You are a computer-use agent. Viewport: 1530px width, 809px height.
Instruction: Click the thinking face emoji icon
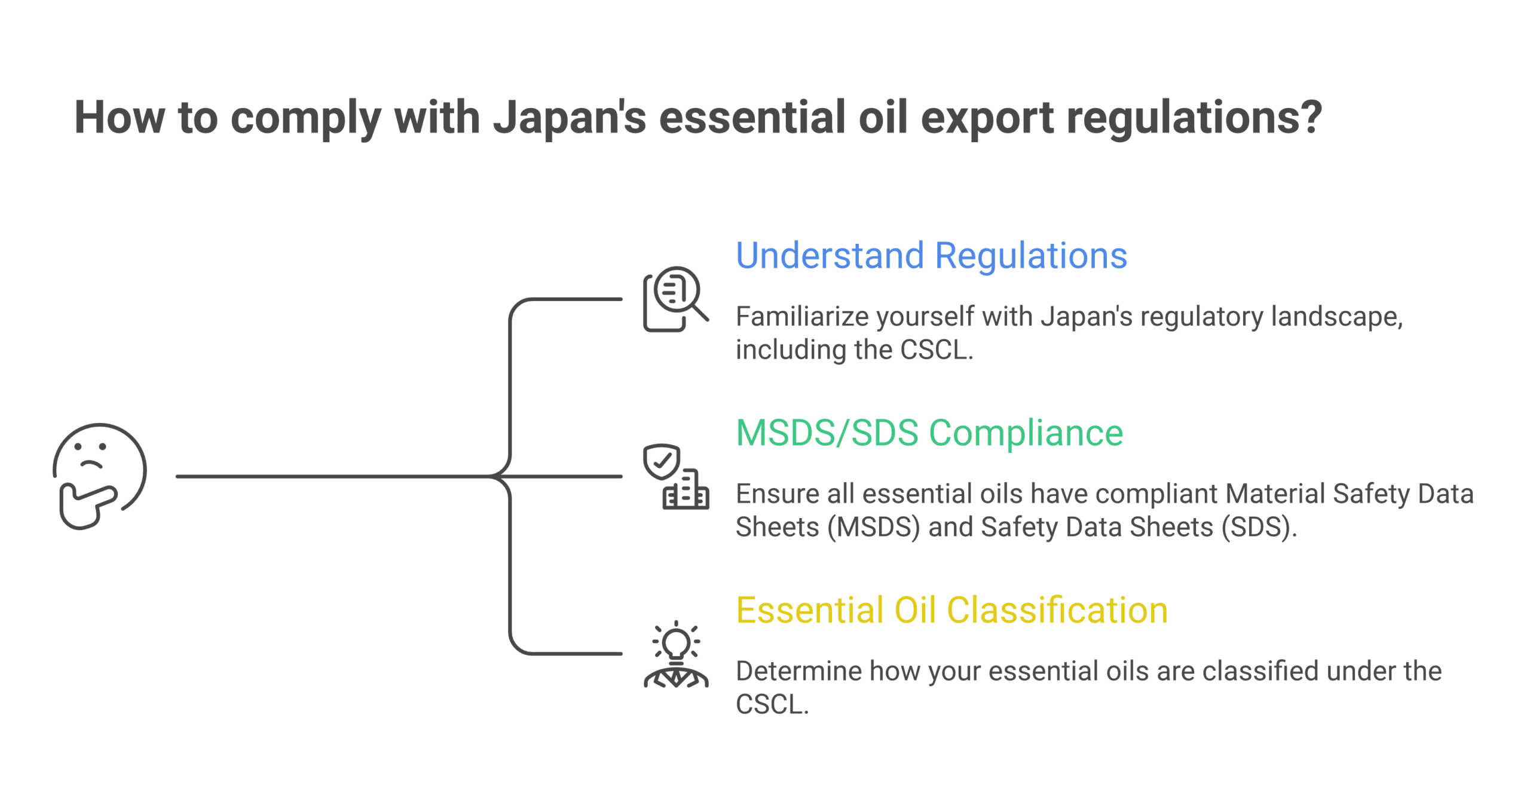pos(99,475)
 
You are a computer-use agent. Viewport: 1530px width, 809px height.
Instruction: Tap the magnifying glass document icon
pos(675,298)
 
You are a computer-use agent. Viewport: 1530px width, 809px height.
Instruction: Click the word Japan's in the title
pos(570,117)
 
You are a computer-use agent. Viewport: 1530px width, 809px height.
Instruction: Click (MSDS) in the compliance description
pos(873,527)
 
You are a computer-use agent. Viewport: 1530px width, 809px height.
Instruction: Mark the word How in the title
pos(119,117)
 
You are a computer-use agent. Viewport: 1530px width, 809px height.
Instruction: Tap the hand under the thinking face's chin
pos(85,505)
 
